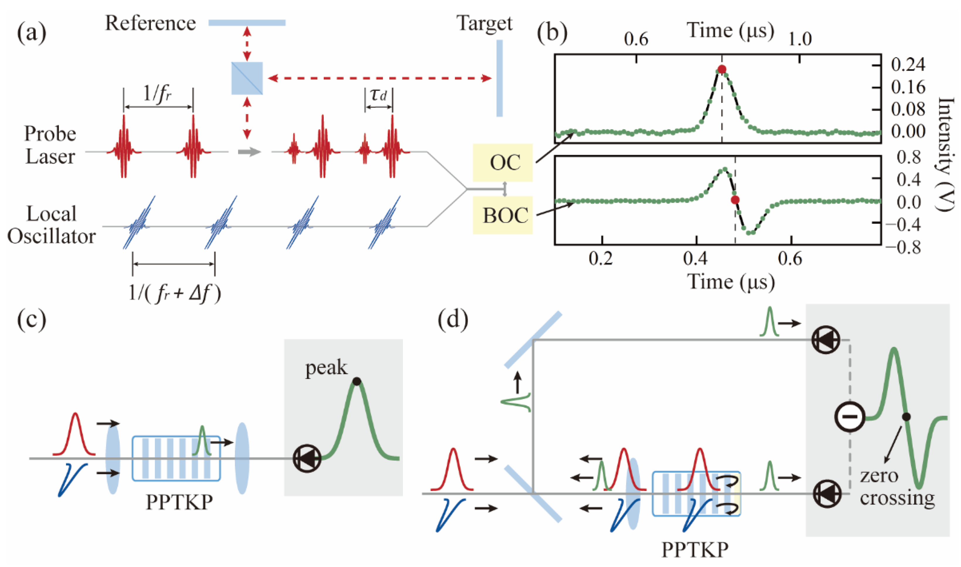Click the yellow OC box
click(502, 162)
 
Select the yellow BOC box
click(502, 215)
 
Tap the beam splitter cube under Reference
click(247, 78)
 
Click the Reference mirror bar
click(247, 23)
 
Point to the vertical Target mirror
click(499, 78)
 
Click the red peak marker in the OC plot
click(721, 69)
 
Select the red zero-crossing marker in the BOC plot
click(735, 200)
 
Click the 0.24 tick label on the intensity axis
click(908, 64)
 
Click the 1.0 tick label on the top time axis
click(800, 39)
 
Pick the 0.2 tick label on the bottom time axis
click(601, 259)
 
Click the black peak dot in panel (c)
click(357, 381)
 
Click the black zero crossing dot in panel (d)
click(906, 416)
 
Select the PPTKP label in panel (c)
click(179, 503)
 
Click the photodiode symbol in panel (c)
click(307, 459)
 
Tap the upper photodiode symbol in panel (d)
click(826, 340)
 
